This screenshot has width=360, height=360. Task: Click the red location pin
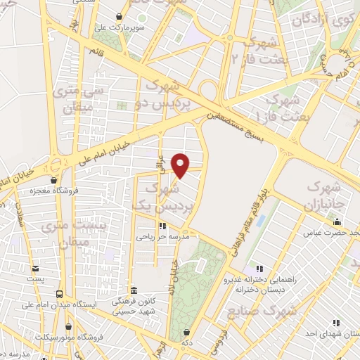coord(181,165)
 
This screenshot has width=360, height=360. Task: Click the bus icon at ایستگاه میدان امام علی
coord(59,294)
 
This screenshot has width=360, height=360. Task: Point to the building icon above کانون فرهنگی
coord(134,290)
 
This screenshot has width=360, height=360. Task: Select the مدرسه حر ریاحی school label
coord(163,236)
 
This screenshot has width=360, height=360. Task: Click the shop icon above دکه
coord(186,333)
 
